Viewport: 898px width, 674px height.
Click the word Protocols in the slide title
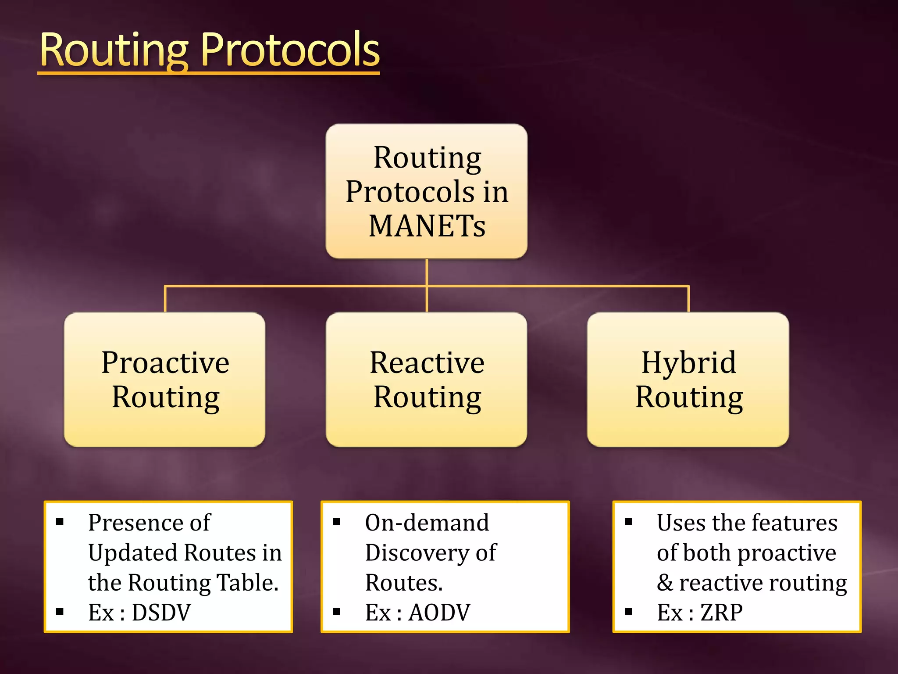pos(290,50)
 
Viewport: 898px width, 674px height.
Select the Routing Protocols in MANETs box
pos(427,191)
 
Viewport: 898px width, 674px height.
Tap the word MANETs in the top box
pos(427,226)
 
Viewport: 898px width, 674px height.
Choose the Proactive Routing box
pos(164,380)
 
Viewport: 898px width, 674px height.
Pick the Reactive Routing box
pos(427,380)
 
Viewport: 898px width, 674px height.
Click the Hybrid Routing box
pos(688,380)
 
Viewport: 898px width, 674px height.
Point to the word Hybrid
pos(688,363)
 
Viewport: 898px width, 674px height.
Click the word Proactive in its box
pos(165,363)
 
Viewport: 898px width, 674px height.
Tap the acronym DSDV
pos(161,613)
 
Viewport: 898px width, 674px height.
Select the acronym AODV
pos(439,613)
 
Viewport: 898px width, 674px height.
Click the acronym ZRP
pos(721,613)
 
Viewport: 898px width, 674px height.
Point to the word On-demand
pos(427,523)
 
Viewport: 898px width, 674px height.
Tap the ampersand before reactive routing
pos(664,583)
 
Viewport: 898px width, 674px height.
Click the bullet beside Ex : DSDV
pos(60,611)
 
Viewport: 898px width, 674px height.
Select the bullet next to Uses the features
pos(628,522)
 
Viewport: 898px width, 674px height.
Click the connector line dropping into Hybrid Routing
pos(688,299)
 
